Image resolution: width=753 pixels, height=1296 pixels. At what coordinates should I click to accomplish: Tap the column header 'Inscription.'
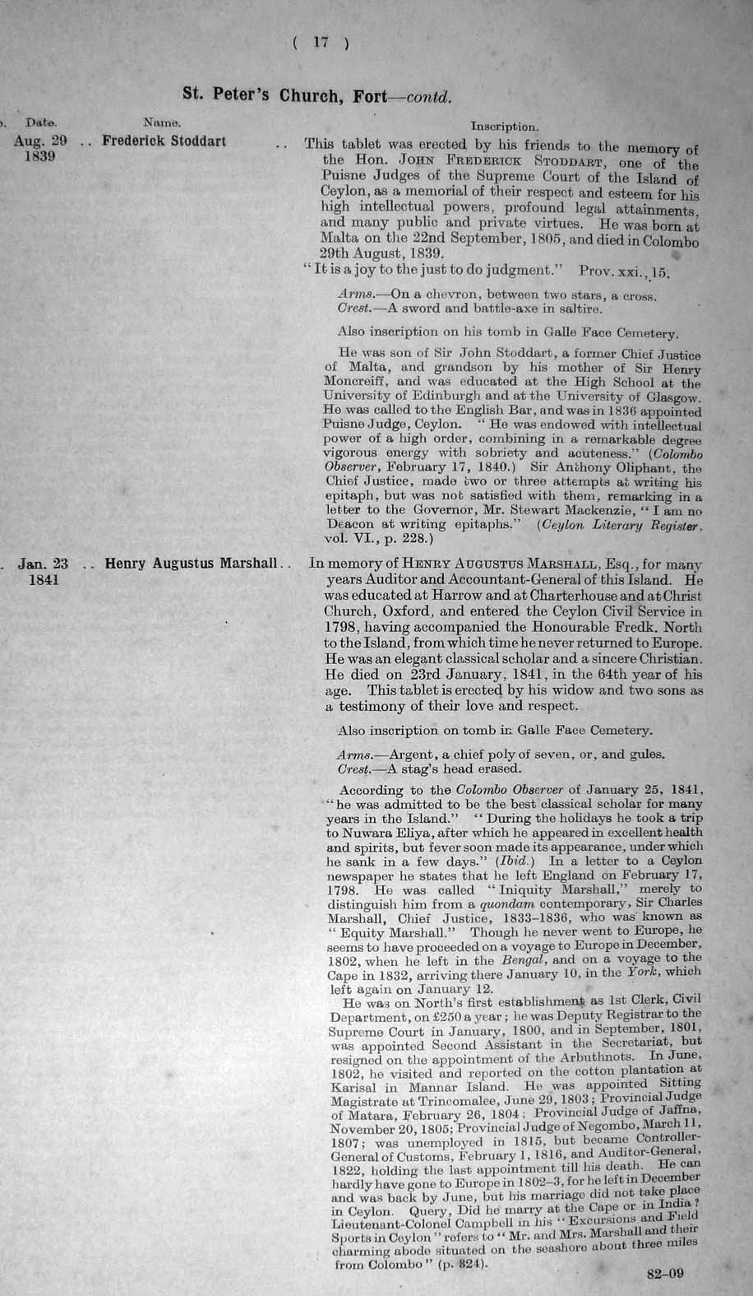point(505,128)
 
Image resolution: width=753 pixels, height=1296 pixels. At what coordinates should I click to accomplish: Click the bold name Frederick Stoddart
point(164,141)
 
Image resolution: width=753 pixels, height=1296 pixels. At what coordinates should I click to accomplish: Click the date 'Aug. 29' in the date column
point(40,141)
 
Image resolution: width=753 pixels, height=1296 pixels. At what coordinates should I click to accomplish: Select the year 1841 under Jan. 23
point(43,580)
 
